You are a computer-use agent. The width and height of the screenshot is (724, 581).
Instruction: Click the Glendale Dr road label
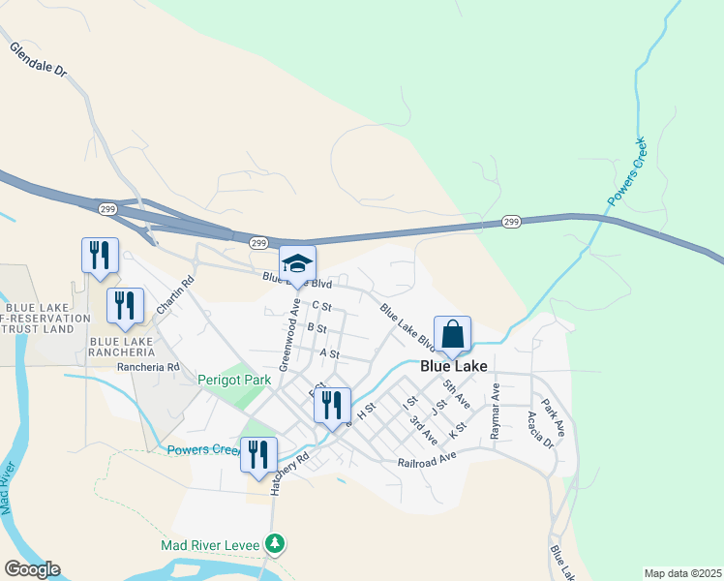[39, 59]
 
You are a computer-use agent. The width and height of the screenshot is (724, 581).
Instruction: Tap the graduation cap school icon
[297, 264]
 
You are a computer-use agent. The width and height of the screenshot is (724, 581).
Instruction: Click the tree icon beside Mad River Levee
[276, 544]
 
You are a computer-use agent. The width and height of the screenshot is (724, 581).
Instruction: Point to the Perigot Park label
[234, 381]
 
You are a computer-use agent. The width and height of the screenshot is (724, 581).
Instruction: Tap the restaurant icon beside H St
[332, 407]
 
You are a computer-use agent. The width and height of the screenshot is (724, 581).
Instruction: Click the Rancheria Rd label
[148, 367]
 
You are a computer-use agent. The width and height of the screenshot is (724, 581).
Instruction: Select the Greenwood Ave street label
[287, 334]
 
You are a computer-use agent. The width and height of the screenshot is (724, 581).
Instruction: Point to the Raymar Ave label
[496, 413]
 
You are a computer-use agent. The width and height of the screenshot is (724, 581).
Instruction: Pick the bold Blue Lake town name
[453, 367]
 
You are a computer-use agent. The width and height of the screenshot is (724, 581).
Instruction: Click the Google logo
[33, 569]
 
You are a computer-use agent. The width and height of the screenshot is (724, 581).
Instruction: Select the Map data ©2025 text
[682, 573]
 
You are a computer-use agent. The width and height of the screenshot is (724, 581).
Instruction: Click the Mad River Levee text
[210, 545]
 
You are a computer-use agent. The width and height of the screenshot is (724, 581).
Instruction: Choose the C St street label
[322, 306]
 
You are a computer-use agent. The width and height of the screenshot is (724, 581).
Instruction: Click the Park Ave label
[553, 413]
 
